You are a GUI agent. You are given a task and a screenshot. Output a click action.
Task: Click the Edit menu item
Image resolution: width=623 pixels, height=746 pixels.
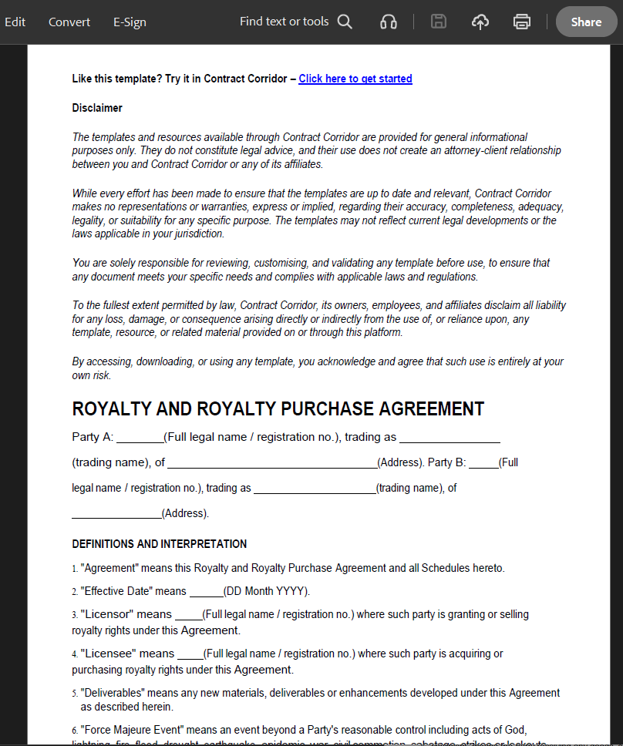[x=15, y=22]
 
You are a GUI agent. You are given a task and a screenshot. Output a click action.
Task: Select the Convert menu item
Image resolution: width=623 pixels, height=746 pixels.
[x=69, y=22]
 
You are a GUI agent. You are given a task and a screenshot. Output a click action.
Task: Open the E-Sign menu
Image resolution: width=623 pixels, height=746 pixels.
[x=130, y=22]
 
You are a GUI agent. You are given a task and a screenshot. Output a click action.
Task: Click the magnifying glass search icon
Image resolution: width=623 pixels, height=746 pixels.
[x=345, y=22]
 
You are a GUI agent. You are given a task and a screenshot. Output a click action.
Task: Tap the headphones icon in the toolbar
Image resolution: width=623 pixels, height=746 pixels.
[x=389, y=22]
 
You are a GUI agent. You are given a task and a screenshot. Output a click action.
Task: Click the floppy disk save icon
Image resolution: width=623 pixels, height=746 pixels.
[x=439, y=22]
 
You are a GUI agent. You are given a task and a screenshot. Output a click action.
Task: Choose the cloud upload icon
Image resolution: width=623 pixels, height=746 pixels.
[x=480, y=22]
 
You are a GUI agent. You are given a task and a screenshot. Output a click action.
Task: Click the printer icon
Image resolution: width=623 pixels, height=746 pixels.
[x=522, y=22]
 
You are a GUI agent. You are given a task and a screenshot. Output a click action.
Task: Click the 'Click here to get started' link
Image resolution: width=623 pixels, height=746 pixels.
[x=355, y=79]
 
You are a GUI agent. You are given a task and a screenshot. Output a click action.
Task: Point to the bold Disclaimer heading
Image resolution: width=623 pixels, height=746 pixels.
[x=97, y=108]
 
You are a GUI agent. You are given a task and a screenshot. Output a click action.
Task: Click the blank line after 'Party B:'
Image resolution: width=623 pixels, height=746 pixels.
[x=483, y=464]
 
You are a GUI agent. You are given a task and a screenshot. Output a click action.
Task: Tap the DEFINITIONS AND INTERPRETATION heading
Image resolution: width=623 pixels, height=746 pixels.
[x=160, y=544]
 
